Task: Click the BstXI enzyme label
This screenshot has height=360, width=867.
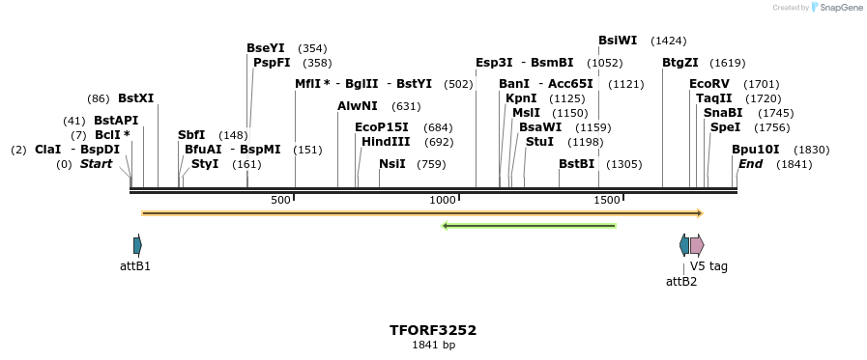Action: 135,98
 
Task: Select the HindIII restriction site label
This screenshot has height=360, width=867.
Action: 386,142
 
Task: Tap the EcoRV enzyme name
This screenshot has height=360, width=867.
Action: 709,84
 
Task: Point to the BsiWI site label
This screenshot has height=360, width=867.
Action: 618,41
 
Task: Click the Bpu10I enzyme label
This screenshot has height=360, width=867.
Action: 755,150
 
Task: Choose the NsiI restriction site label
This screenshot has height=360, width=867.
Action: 392,164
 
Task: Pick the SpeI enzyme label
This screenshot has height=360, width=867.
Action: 725,127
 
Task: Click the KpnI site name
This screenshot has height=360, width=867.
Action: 521,98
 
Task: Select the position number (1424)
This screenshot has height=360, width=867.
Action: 669,41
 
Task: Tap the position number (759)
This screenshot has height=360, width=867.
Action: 431,164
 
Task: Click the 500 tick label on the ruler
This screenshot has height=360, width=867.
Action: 280,200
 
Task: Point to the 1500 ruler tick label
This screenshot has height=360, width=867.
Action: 607,200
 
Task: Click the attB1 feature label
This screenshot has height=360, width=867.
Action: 135,265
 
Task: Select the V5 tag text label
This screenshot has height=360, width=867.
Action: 708,266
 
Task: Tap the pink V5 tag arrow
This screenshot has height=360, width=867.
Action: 697,244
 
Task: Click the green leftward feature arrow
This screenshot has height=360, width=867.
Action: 529,226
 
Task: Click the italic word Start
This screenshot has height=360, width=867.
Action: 96,164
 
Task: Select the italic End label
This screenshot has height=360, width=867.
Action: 750,164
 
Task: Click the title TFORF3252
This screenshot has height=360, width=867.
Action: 433,330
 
